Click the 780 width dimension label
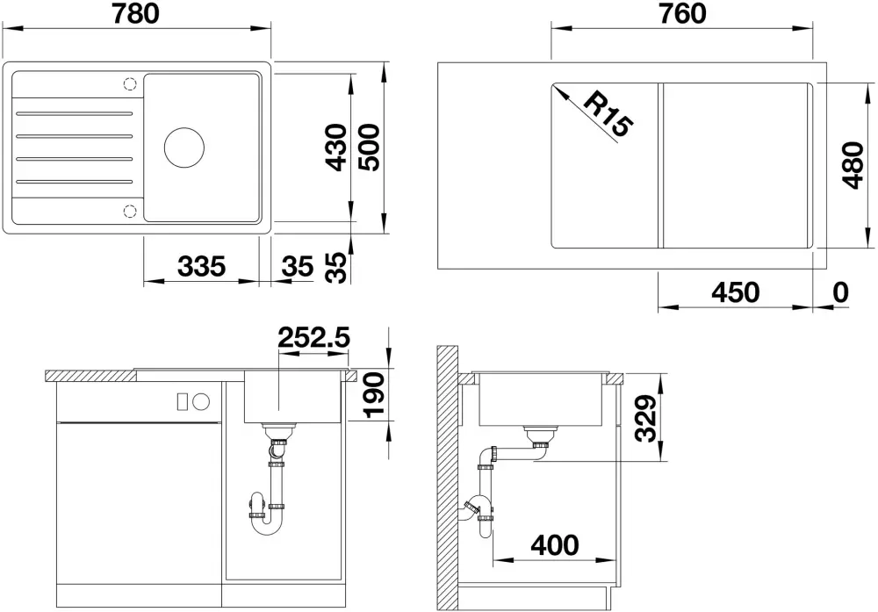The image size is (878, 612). point(136,13)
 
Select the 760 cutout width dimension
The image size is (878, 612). point(682,13)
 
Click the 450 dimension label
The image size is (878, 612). point(735,292)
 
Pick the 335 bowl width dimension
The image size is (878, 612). point(202,266)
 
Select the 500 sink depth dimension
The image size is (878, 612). point(369,148)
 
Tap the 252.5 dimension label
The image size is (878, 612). point(313,338)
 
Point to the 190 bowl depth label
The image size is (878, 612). point(374,395)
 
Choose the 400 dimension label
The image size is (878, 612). point(554,544)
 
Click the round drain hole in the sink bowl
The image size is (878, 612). point(184,148)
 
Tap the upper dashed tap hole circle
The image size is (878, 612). point(130,84)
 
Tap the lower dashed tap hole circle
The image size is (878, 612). point(130,211)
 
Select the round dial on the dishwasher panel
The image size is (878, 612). point(201,401)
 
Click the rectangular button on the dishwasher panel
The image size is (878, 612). point(182,401)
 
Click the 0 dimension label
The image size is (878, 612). point(840,292)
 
